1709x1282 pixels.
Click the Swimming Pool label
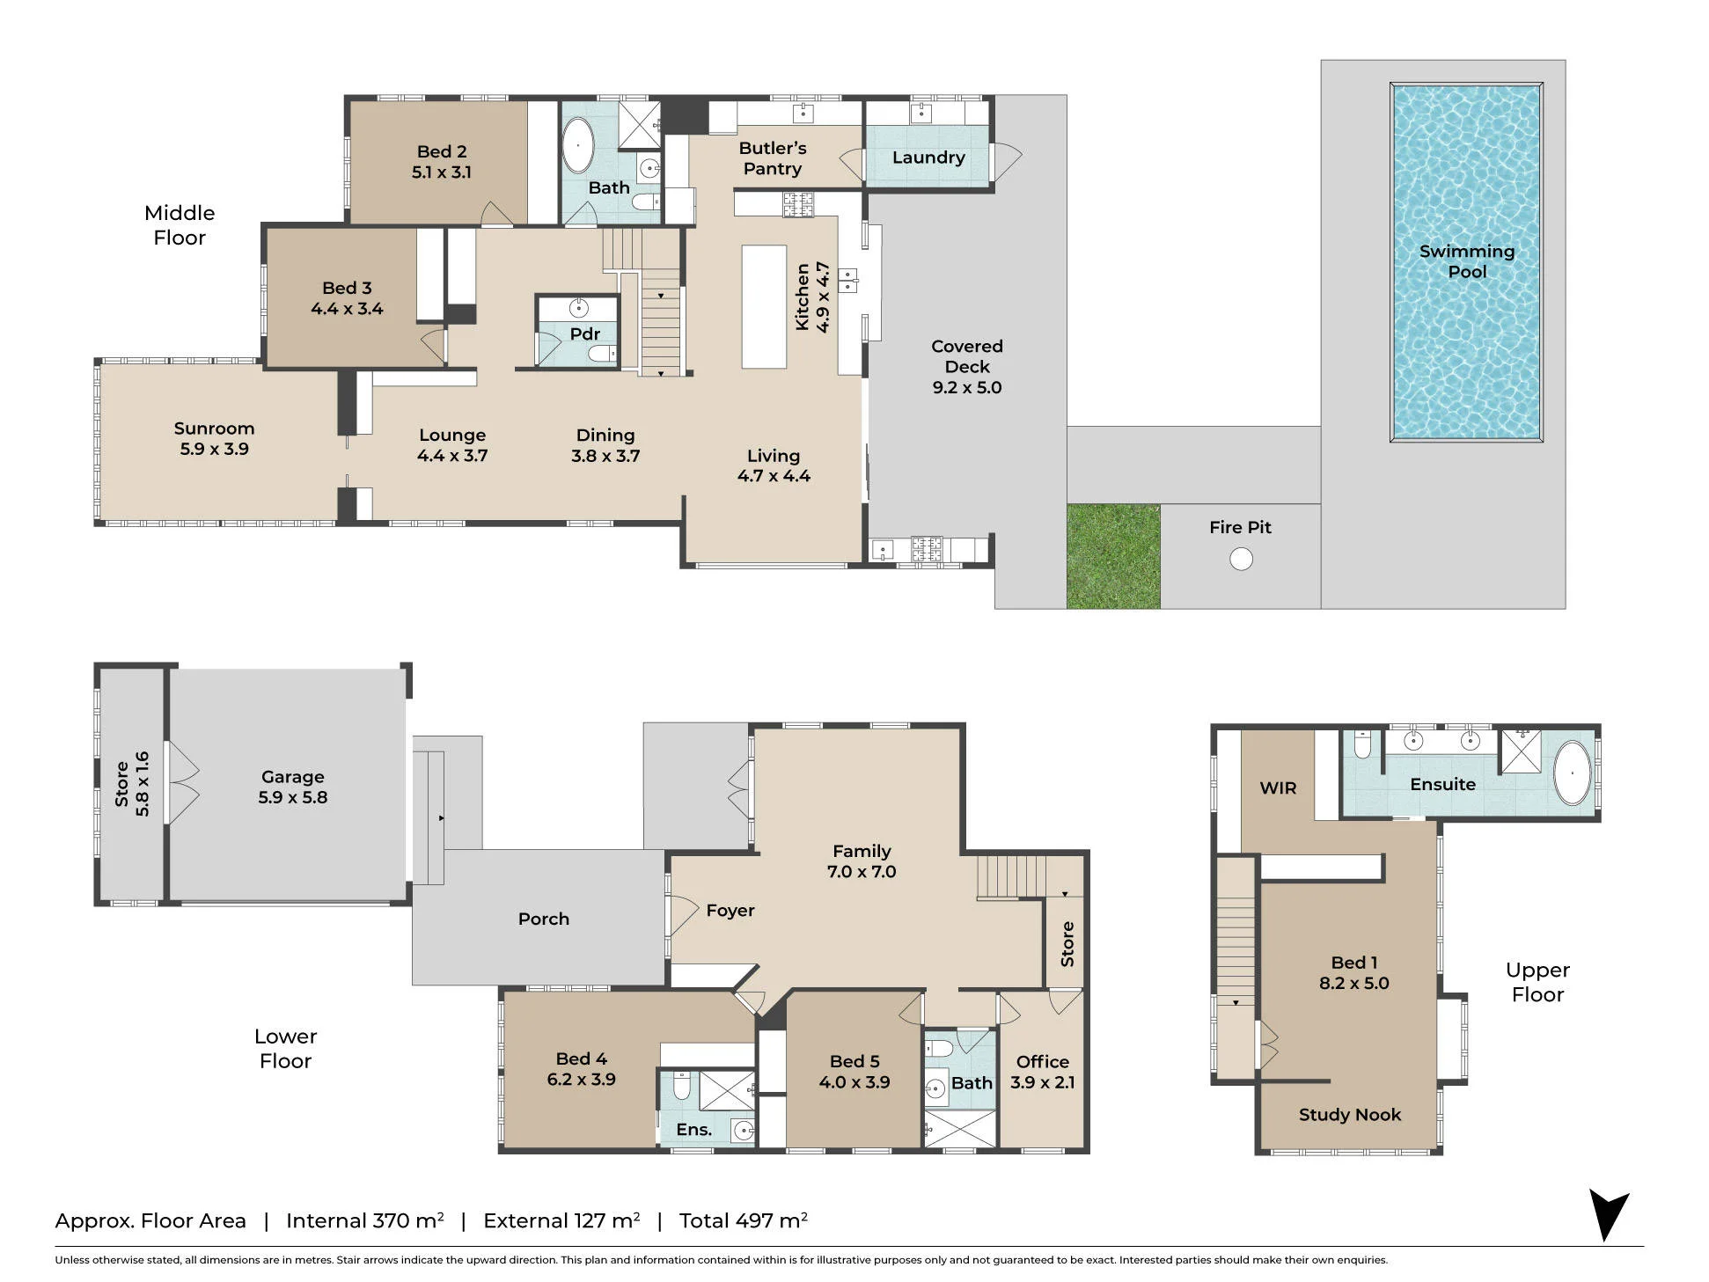coord(1467,261)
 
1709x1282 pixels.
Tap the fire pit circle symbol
coord(1241,559)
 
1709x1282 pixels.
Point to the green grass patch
coord(1113,556)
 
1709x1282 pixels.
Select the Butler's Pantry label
coord(773,158)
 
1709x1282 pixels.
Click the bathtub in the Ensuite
coord(1572,773)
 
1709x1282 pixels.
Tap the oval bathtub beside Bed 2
coord(578,145)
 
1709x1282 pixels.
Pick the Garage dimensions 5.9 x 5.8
coord(293,797)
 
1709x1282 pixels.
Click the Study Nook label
coord(1350,1115)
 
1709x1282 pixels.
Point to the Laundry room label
coord(928,158)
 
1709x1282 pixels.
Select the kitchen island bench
coord(764,307)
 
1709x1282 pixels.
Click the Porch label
coord(544,919)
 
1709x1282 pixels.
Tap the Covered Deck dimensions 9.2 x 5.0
coord(967,387)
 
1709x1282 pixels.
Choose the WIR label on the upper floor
coord(1278,788)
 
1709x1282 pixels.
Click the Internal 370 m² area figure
coord(365,1220)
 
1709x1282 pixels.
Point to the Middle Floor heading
coord(180,225)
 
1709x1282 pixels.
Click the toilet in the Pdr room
coord(602,354)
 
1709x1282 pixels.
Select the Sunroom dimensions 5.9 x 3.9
coord(215,449)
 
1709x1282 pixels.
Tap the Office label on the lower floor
coord(1043,1062)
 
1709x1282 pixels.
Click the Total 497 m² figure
coord(744,1220)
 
